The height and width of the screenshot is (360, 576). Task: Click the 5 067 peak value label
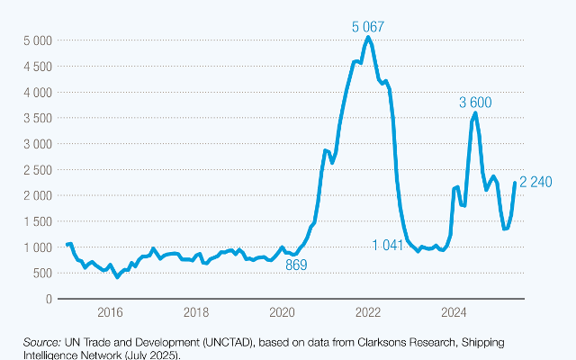click(368, 26)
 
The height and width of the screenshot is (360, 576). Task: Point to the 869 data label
click(296, 265)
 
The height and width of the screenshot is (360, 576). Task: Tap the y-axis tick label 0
click(47, 298)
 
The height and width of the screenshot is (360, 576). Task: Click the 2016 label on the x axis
click(109, 312)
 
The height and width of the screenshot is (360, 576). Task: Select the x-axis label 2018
click(195, 312)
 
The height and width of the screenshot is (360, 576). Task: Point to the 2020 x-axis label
click(282, 312)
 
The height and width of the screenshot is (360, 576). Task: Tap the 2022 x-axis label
click(368, 312)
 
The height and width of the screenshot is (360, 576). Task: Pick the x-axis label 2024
click(454, 312)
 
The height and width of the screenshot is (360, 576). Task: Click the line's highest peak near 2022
click(368, 38)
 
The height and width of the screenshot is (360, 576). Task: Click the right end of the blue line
click(515, 183)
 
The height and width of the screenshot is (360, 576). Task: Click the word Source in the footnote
click(42, 343)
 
